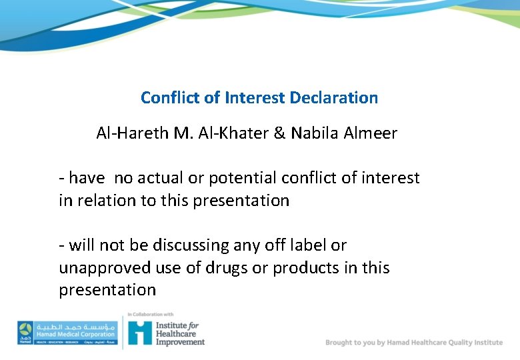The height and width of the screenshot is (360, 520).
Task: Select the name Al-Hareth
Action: (132, 133)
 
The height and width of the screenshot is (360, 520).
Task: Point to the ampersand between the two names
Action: (280, 133)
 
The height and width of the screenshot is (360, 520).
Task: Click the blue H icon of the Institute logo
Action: (140, 332)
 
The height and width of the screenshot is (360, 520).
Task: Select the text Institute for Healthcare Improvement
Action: (179, 333)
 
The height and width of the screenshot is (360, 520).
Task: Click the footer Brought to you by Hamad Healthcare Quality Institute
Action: (414, 342)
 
